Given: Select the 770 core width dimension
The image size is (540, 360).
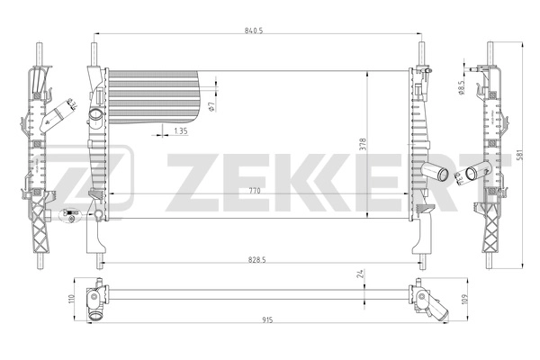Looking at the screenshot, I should [256, 191].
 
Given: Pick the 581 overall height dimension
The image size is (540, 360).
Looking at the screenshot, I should [520, 155].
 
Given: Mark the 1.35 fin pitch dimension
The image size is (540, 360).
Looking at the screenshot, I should [180, 132].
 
